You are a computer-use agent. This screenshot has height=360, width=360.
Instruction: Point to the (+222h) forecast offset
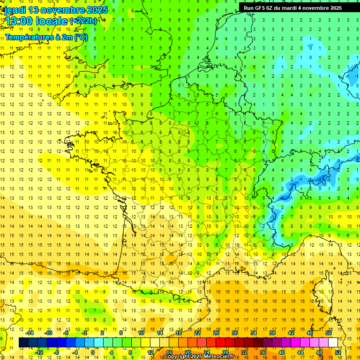click(x=83, y=21)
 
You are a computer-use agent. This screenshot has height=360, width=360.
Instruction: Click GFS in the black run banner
click(x=261, y=8)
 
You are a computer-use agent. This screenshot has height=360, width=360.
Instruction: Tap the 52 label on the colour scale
click(x=338, y=352)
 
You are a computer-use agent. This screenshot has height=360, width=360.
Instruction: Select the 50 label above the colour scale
click(x=329, y=332)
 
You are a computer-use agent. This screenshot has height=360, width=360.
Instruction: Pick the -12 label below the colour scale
click(x=38, y=352)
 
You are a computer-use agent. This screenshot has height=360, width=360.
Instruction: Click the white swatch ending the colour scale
click(x=333, y=342)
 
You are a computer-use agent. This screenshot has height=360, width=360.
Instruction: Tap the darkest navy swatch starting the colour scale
click(x=23, y=342)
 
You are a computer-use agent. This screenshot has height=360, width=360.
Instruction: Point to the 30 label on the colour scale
click(x=235, y=332)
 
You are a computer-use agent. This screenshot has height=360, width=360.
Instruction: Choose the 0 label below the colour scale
click(x=93, y=352)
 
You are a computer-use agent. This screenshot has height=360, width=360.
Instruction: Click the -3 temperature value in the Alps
click(x=320, y=179)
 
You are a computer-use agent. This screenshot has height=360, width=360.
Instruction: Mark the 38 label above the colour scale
click(x=272, y=332)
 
